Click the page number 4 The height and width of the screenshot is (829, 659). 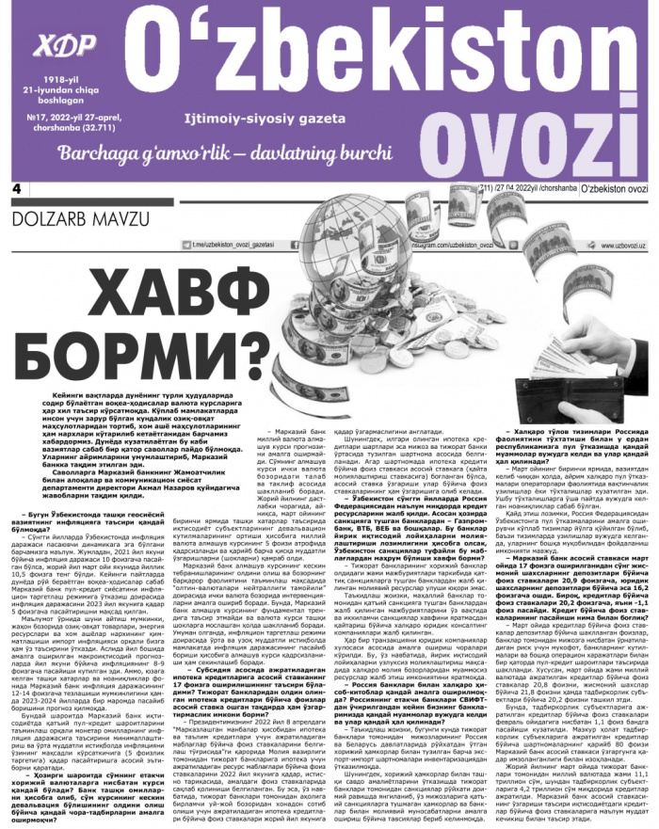16,189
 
